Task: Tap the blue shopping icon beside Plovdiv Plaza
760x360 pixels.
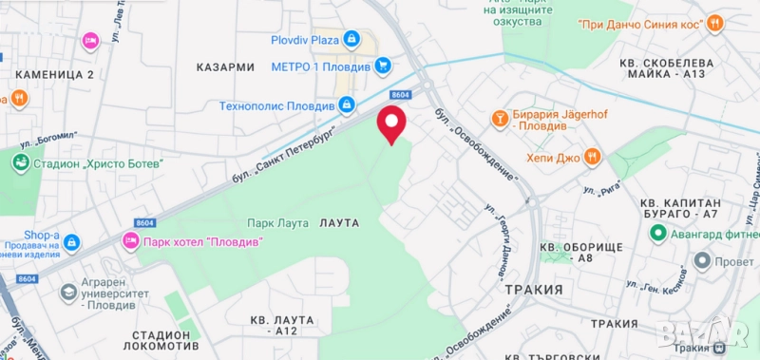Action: point(352,39)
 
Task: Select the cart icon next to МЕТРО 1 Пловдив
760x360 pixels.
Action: point(382,66)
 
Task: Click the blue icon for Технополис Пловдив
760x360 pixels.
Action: point(347,104)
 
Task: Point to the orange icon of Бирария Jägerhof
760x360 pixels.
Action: point(499,118)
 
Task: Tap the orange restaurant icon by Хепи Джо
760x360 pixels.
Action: point(592,156)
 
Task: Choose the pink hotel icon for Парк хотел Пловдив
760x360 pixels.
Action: point(130,241)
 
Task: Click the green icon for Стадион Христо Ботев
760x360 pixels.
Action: point(21,162)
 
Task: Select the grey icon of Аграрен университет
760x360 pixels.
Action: point(68,293)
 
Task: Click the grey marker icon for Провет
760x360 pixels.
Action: point(703,259)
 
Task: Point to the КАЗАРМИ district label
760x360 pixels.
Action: point(225,67)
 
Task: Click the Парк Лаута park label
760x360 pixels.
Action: point(277,223)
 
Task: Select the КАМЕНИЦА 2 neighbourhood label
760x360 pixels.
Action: point(51,74)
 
